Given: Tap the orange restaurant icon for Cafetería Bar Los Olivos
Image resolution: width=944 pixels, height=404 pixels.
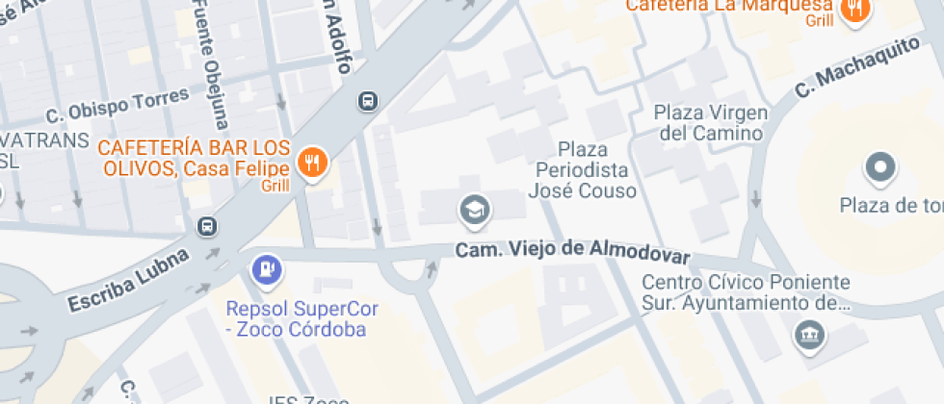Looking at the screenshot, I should click(x=312, y=163).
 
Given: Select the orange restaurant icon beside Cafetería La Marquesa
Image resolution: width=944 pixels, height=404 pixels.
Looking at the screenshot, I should click(x=852, y=9).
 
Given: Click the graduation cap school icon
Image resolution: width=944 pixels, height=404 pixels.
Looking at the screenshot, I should click(x=473, y=211).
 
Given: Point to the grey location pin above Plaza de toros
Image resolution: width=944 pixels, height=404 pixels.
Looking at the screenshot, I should click(x=879, y=168).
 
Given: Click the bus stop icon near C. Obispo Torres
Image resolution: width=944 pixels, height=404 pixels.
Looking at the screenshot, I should click(x=367, y=100).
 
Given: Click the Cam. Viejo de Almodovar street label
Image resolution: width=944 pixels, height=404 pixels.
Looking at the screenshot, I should click(x=572, y=252).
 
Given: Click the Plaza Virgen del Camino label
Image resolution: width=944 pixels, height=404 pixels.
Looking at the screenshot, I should click(x=712, y=121).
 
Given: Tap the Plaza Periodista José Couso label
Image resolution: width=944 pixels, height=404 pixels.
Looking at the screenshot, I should click(x=583, y=170).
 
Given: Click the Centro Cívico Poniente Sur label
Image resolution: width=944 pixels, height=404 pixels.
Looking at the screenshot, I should click(x=747, y=293).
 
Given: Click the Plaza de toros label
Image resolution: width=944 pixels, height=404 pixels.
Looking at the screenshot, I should click(x=891, y=206).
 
